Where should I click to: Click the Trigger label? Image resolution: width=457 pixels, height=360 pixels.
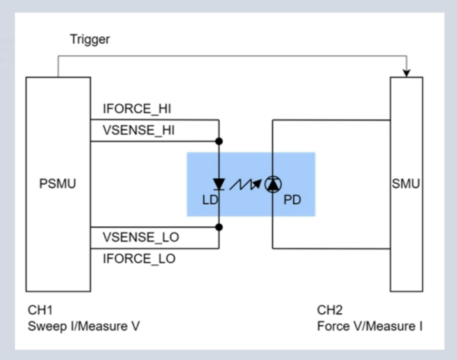90,39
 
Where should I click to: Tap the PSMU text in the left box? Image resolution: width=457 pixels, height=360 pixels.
58,184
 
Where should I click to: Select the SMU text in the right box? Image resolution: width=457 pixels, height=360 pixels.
406,184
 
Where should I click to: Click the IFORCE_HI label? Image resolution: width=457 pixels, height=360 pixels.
137,108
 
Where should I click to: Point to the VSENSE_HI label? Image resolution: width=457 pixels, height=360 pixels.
139,130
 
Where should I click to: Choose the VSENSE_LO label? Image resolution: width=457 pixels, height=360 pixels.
141,237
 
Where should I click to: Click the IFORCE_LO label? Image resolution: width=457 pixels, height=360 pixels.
139,258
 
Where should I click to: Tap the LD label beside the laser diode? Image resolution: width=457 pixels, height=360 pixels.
210,200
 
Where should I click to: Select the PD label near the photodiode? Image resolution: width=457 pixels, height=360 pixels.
292,200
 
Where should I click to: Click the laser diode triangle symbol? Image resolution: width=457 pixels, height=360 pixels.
219,184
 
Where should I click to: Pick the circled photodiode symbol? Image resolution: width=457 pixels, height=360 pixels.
273,184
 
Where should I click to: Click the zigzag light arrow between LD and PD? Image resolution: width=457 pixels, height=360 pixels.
245,184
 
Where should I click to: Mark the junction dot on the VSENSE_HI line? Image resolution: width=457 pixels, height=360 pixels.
219,141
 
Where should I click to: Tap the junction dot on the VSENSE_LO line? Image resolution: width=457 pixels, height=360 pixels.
219,227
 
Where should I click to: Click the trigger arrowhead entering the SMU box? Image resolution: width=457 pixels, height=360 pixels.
406,73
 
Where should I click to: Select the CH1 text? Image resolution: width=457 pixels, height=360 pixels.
40,310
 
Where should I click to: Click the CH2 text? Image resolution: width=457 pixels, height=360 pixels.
330,310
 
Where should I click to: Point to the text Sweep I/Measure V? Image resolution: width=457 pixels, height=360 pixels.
84,326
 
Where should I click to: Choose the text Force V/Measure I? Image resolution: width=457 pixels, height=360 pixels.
370,326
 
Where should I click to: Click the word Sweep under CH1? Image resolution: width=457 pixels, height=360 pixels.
47,327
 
